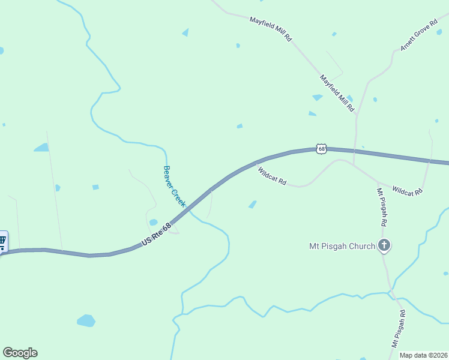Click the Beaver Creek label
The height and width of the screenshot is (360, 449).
[x=175, y=187]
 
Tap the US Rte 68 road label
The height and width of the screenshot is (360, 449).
[x=157, y=233]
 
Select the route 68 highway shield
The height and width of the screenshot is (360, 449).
[x=322, y=149]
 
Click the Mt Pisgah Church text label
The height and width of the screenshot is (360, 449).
[x=342, y=245]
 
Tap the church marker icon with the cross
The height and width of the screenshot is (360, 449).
[x=384, y=245]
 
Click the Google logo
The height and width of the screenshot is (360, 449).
[x=20, y=353]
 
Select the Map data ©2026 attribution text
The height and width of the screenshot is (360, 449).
[x=424, y=355]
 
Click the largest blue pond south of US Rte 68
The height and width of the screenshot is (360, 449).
[x=86, y=320]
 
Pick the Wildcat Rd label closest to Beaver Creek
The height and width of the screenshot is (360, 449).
[x=272, y=176]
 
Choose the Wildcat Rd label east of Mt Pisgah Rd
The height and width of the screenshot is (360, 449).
[x=408, y=191]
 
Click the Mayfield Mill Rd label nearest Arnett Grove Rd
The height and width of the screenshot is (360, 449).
[x=337, y=94]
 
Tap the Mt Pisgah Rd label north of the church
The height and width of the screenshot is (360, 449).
[x=381, y=207]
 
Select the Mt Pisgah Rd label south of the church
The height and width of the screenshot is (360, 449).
[x=399, y=329]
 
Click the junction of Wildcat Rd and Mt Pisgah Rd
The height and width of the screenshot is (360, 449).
[x=378, y=181]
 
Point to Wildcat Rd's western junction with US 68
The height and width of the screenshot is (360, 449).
[x=256, y=162]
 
